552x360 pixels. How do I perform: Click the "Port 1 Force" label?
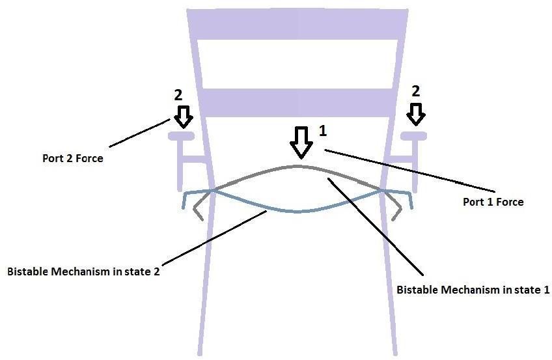[x=493, y=202]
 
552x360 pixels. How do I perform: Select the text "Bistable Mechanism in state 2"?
[x=83, y=271]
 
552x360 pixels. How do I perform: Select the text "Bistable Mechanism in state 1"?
[x=473, y=290]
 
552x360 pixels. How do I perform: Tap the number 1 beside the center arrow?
[x=322, y=131]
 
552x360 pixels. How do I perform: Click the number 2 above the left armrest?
[x=178, y=94]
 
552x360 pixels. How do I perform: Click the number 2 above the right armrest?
[x=416, y=91]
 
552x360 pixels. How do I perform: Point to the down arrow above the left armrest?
[x=184, y=116]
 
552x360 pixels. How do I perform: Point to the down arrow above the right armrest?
[x=416, y=114]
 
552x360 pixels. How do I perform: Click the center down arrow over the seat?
[x=300, y=143]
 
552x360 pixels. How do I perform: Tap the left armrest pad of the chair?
[x=182, y=136]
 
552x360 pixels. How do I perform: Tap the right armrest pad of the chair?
[x=413, y=135]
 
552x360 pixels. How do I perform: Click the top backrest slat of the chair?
[x=298, y=24]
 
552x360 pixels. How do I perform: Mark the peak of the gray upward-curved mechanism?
[x=298, y=167]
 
